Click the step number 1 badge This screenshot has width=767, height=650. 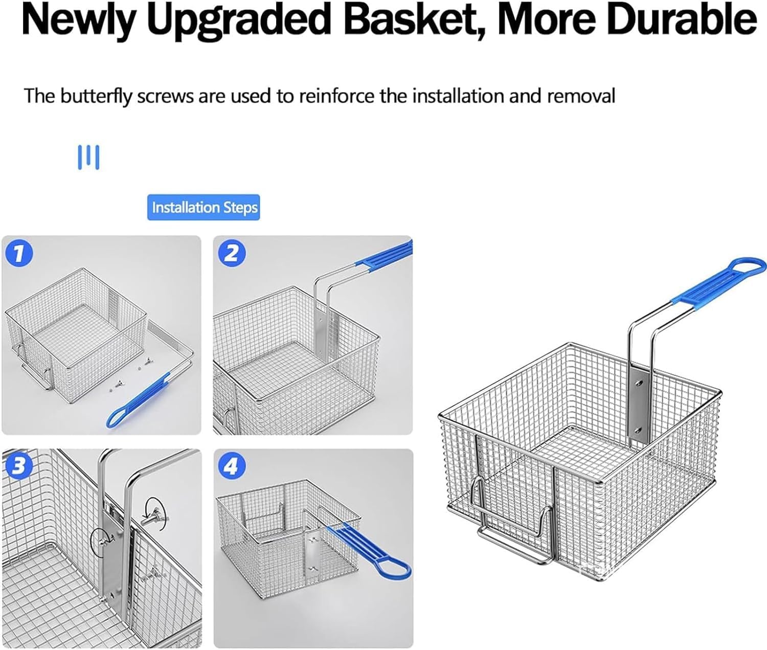[x=19, y=254]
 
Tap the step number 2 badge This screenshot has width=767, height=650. [x=232, y=254]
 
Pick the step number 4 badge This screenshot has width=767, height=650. [x=232, y=466]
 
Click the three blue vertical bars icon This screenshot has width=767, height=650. [x=88, y=158]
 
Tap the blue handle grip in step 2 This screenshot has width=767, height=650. [x=385, y=255]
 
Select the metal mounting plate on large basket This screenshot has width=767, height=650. [x=638, y=408]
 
